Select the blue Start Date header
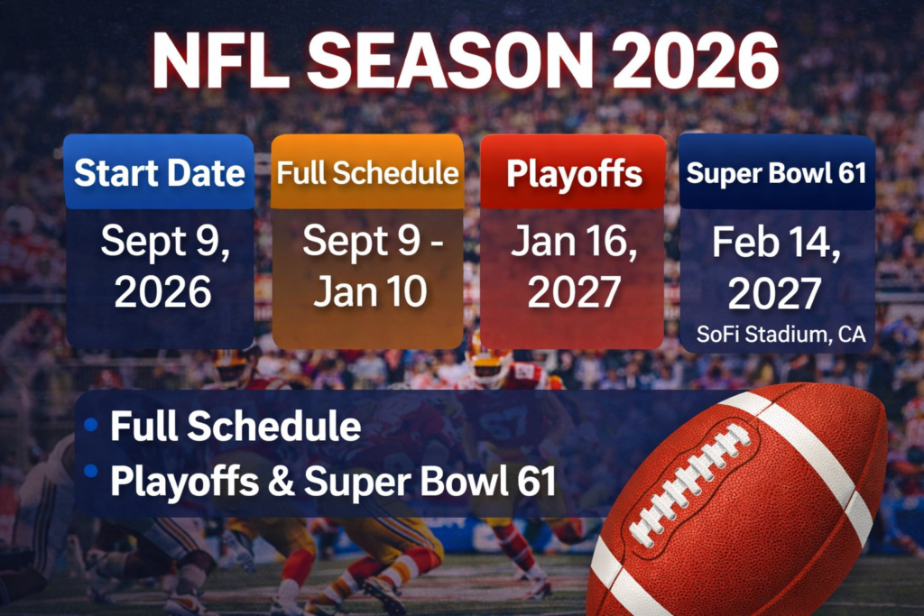click(x=159, y=172)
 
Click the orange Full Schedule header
click(x=368, y=172)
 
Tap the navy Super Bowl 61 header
click(x=776, y=172)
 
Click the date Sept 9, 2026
click(x=159, y=266)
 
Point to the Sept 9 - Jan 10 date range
click(x=368, y=266)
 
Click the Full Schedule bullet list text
click(x=236, y=427)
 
